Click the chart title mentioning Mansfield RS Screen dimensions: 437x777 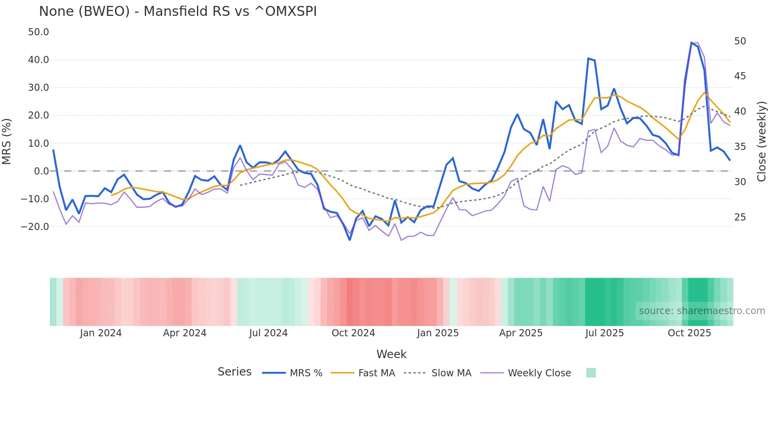point(178,11)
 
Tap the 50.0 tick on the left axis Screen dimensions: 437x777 point(38,32)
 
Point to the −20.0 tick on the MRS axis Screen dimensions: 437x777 point(35,227)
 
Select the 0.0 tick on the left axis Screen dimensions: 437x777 point(42,171)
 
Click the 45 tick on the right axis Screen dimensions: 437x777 point(740,76)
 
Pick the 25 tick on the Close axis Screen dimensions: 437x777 point(740,217)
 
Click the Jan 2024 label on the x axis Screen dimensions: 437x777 point(101,333)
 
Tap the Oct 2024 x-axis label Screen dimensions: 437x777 point(353,333)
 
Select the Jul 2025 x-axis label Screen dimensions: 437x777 point(605,333)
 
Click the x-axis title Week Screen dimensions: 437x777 point(391,354)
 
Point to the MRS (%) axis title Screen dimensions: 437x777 point(7,141)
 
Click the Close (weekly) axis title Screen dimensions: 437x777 point(761,142)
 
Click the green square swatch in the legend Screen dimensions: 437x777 point(591,373)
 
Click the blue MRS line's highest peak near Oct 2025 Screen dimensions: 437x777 point(691,43)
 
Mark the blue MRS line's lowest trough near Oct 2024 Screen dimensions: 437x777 point(350,240)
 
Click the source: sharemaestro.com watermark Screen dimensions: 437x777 point(702,311)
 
